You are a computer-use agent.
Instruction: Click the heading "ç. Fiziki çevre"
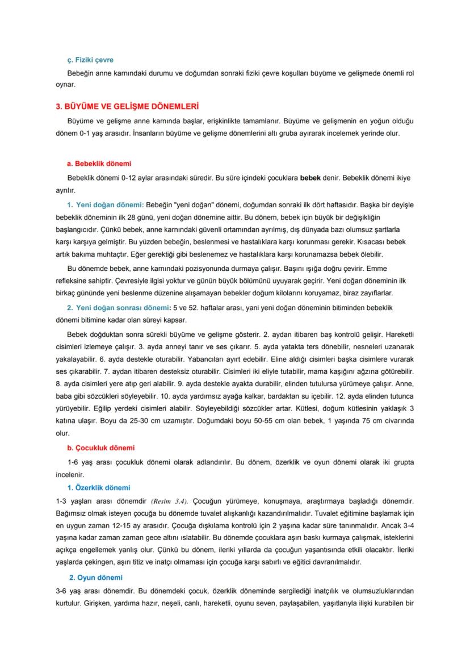(x=90, y=60)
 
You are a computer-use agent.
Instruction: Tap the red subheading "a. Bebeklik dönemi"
(x=99, y=164)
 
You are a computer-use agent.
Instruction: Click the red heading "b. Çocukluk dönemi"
(x=101, y=447)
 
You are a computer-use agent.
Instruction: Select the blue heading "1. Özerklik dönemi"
(x=99, y=487)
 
